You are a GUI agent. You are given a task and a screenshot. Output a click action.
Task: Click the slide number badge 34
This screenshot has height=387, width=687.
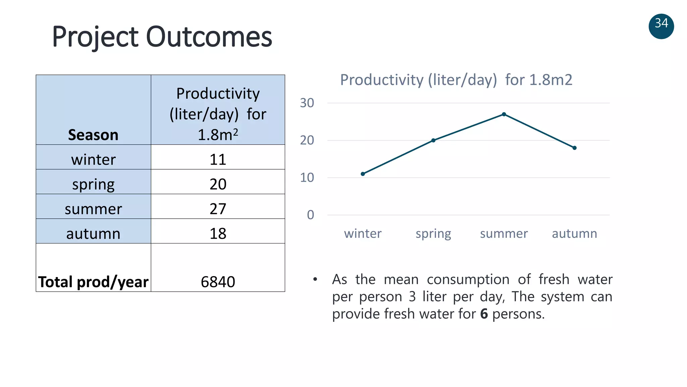(x=661, y=26)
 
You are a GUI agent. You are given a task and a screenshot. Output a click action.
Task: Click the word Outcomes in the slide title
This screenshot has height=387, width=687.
(x=209, y=37)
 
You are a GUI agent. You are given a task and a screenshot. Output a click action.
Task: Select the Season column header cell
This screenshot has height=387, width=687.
(x=93, y=135)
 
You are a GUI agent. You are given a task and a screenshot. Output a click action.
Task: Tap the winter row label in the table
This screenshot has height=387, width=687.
(x=93, y=159)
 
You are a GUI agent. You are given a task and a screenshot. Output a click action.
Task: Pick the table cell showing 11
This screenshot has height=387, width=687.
(x=218, y=159)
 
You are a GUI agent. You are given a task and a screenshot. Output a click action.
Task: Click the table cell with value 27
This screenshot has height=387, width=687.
(x=218, y=209)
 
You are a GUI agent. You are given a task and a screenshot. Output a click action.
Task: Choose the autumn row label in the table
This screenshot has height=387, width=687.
(x=93, y=233)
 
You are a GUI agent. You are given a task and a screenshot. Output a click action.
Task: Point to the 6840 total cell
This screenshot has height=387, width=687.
(x=218, y=282)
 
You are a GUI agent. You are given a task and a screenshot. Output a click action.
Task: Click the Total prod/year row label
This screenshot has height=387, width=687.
(x=93, y=282)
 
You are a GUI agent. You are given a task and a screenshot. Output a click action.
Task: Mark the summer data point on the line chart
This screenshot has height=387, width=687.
(x=504, y=114)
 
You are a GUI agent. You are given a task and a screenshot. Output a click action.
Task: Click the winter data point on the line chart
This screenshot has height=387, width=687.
(x=363, y=174)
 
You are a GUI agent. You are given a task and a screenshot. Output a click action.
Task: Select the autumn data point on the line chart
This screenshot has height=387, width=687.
(x=574, y=148)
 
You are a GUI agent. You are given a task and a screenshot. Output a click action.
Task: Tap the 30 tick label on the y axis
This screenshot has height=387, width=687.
(x=307, y=103)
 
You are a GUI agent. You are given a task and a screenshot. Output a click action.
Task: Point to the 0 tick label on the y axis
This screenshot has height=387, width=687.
(x=310, y=215)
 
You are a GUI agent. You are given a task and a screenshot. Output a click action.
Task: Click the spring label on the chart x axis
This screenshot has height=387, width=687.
(x=433, y=233)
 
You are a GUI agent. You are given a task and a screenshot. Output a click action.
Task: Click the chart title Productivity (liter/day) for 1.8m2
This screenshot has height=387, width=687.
(x=456, y=80)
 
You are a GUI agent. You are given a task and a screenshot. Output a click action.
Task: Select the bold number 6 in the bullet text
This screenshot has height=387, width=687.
(x=484, y=314)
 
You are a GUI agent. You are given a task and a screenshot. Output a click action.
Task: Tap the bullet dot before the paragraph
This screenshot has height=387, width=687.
(x=315, y=279)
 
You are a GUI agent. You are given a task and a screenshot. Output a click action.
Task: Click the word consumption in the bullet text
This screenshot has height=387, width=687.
(x=468, y=279)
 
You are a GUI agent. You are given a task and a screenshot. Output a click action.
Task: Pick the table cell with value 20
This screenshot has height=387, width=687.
(x=218, y=184)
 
